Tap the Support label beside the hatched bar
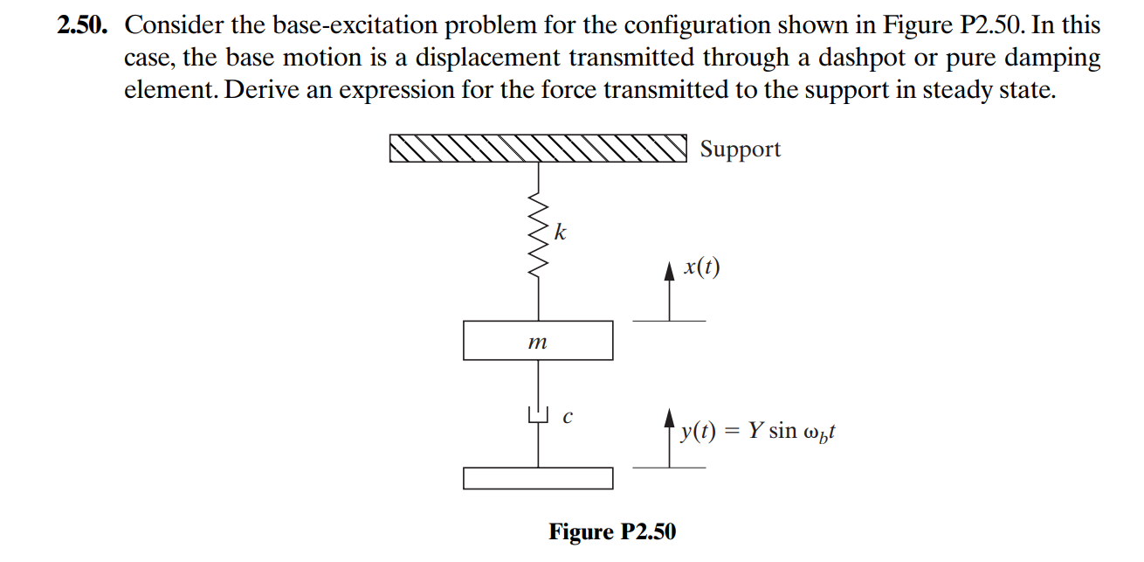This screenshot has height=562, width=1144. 740,149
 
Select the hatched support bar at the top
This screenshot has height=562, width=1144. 538,149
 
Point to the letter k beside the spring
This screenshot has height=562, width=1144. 561,232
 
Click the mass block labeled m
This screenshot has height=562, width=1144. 538,341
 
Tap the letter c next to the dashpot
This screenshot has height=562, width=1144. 567,418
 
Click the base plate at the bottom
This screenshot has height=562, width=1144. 538,478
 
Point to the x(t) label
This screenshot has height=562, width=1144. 702,267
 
